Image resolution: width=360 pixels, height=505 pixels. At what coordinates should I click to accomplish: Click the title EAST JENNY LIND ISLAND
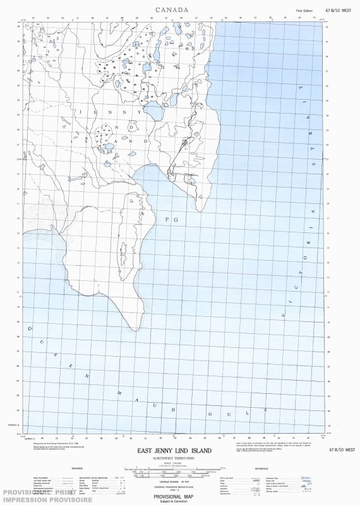pos(174,451)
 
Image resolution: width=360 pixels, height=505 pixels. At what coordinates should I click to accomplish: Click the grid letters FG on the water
pos(168,220)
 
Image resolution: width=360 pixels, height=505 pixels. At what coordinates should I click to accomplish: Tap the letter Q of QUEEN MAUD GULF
pos(28,328)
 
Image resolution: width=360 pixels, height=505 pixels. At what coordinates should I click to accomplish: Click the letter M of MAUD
pos(119,393)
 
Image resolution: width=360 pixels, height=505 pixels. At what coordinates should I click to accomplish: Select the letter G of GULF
pos(210,413)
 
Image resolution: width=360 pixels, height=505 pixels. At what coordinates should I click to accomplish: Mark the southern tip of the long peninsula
pos(135,330)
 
